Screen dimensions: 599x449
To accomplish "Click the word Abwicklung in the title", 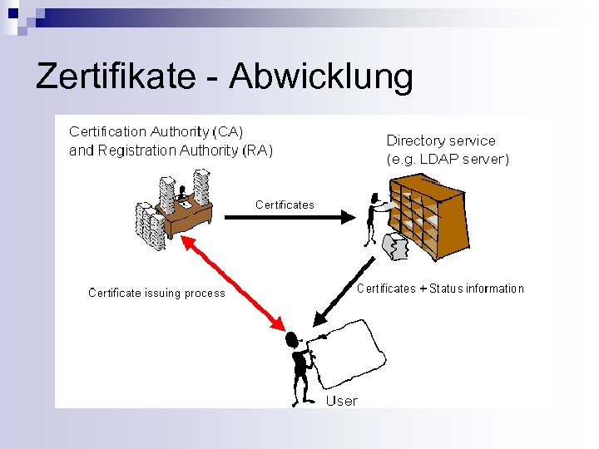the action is (321, 76).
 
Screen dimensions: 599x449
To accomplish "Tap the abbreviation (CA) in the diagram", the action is (228, 132).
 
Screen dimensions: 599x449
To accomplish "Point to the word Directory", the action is (416, 141).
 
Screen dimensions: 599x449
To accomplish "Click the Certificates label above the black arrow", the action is (285, 205).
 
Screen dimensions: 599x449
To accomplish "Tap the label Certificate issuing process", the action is (156, 293).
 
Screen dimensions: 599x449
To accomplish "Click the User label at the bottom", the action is (341, 401).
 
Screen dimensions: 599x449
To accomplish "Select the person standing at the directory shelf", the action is (375, 219).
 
